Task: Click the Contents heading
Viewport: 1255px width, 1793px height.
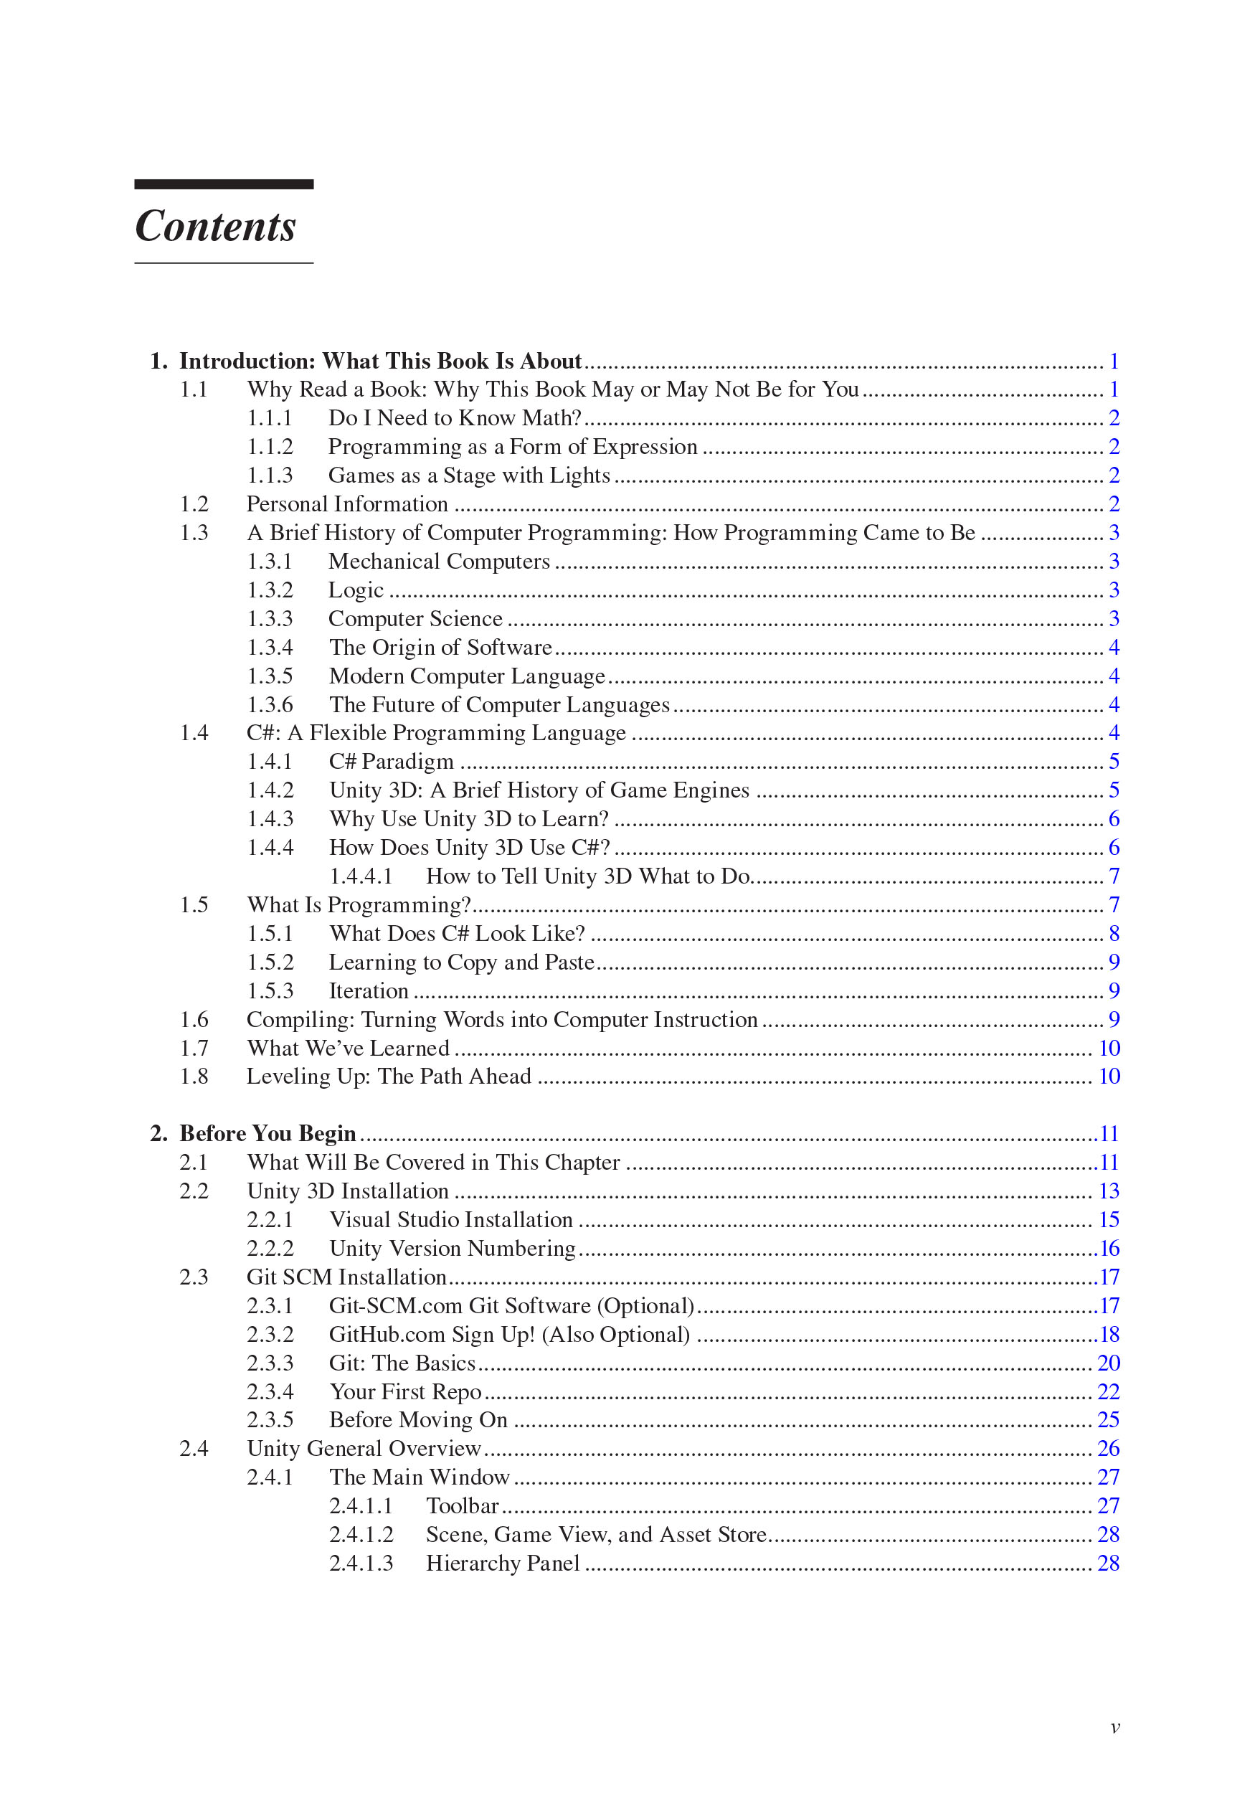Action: pyautogui.click(x=216, y=227)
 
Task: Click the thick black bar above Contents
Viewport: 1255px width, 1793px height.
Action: pyautogui.click(x=223, y=184)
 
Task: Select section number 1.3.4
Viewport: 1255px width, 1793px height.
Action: pyautogui.click(x=270, y=648)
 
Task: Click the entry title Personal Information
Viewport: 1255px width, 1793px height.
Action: pyautogui.click(x=348, y=504)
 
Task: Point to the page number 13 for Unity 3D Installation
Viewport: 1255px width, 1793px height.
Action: pyautogui.click(x=1108, y=1191)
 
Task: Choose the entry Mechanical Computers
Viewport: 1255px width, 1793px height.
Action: pyautogui.click(x=439, y=562)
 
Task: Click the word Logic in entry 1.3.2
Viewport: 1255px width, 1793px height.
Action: pyautogui.click(x=355, y=590)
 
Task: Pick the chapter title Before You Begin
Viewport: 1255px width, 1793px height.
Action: pyautogui.click(x=267, y=1133)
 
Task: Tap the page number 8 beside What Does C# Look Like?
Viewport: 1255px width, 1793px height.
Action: pyautogui.click(x=1114, y=933)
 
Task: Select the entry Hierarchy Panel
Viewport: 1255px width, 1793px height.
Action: pyautogui.click(x=502, y=1563)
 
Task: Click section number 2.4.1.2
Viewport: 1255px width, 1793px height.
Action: pyautogui.click(x=361, y=1535)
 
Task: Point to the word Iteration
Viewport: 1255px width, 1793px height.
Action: pyautogui.click(x=369, y=991)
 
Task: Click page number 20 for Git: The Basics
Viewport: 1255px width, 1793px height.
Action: pyautogui.click(x=1108, y=1363)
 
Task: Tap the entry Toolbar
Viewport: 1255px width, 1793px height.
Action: pyautogui.click(x=463, y=1505)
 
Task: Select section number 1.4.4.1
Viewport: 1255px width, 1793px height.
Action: pyautogui.click(x=361, y=876)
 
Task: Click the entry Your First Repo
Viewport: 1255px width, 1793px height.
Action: pyautogui.click(x=405, y=1391)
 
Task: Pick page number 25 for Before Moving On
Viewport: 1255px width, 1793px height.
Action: pyautogui.click(x=1108, y=1420)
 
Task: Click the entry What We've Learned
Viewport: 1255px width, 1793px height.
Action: pyautogui.click(x=349, y=1048)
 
